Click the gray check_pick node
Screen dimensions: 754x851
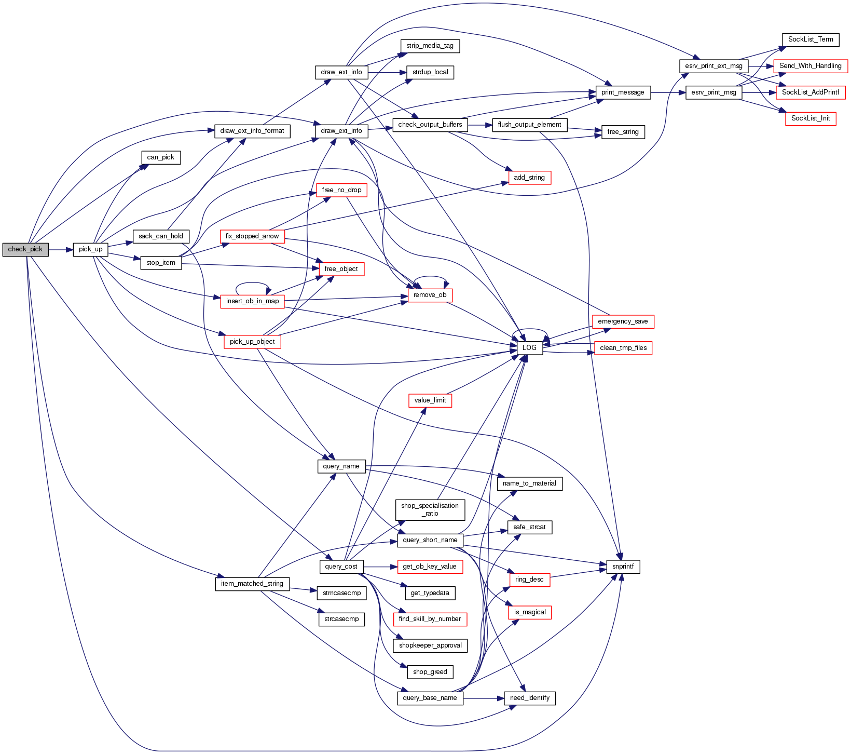tap(25, 249)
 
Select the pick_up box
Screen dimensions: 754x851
tap(90, 249)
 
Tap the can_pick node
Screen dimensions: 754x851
tap(161, 157)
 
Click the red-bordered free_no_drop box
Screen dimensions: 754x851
tap(341, 190)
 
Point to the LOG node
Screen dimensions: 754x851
tap(529, 348)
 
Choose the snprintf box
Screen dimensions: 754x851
tap(623, 567)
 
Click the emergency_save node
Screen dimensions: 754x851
tap(623, 321)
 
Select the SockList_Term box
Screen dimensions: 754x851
tap(811, 39)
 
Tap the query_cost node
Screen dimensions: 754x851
tap(341, 567)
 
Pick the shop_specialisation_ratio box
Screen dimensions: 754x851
tap(430, 509)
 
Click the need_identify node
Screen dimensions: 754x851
tap(529, 698)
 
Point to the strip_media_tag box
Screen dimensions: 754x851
tap(430, 46)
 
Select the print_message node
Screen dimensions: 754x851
tap(623, 92)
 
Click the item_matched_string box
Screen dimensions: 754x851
tap(252, 584)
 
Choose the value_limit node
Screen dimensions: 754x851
tap(430, 400)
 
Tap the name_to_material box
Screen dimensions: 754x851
tap(529, 483)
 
